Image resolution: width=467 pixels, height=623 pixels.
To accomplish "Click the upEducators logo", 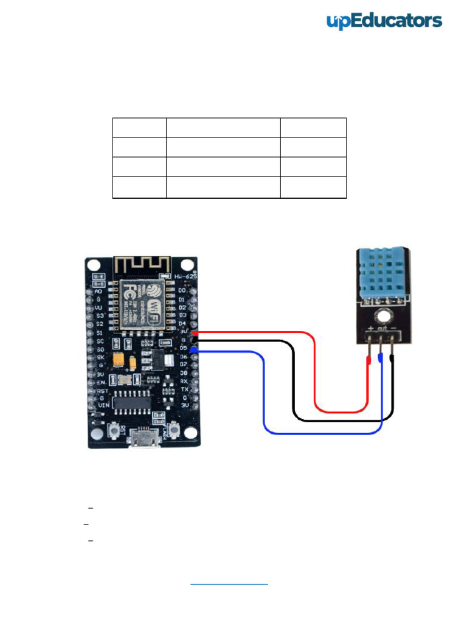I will (384, 21).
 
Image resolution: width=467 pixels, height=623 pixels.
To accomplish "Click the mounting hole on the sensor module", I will (382, 316).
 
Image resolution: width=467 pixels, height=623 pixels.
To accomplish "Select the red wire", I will (316, 371).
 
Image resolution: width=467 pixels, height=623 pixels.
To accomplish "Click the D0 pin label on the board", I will (181, 291).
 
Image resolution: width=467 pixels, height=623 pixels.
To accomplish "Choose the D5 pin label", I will (182, 347).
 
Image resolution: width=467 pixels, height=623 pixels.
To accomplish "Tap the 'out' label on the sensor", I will (381, 330).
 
